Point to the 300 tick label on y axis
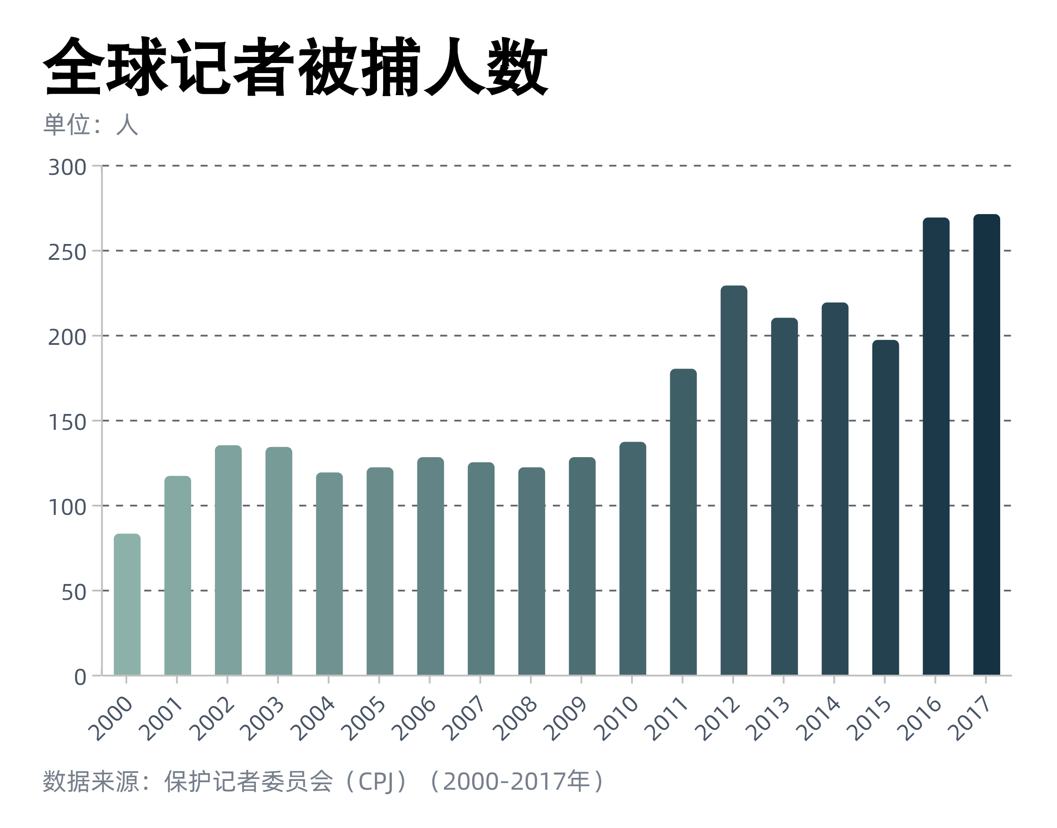coord(67,168)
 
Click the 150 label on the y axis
coord(67,423)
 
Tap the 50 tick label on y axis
coord(74,592)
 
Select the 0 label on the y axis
coord(80,677)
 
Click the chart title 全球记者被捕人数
coord(296,67)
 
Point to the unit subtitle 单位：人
coord(91,125)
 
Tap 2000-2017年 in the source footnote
coord(517,781)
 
